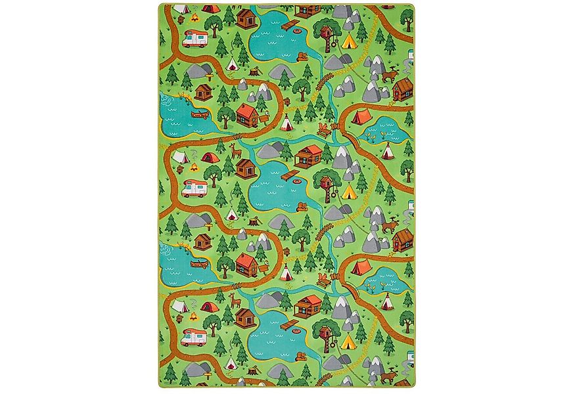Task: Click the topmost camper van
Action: click(195, 39)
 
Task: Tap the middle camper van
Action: click(195, 189)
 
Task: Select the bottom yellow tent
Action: click(348, 341)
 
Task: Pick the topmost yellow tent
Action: click(348, 41)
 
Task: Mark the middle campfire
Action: click(194, 167)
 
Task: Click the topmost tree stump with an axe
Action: click(255, 70)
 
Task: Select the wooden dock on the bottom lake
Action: click(289, 324)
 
